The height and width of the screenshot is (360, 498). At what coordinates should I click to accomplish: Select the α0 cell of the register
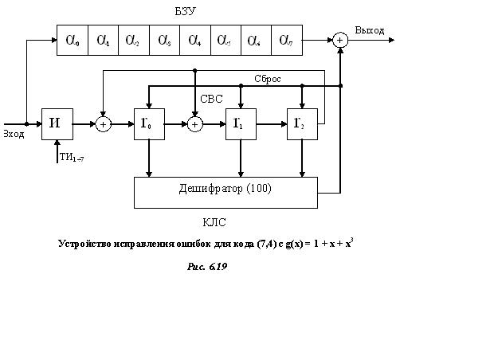tap(73, 39)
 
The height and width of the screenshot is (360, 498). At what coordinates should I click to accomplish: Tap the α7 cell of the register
tap(287, 39)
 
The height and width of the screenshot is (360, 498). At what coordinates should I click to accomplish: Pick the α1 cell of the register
tap(103, 39)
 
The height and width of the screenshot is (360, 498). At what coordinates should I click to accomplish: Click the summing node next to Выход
tap(340, 40)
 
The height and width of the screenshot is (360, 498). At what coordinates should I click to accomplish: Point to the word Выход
tap(370, 30)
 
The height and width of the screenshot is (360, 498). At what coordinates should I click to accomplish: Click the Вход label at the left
tap(13, 134)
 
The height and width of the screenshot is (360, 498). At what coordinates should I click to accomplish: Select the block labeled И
tap(57, 123)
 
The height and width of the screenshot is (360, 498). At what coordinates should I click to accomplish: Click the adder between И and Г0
tap(103, 124)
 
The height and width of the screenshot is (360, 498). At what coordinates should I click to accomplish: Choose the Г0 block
tap(149, 123)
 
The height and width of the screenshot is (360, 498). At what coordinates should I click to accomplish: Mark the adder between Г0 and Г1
tap(194, 124)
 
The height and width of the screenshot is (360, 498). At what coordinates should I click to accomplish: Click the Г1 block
tap(241, 123)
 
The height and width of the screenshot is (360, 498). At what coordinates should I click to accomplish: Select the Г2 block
tap(301, 123)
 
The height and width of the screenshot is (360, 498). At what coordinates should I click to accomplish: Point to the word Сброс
tap(267, 79)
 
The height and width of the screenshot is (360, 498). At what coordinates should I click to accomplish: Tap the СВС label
tap(211, 99)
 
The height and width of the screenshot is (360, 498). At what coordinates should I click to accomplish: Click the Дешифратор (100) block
tap(225, 190)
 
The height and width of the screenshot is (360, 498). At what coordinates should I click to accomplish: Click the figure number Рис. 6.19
tap(207, 267)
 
